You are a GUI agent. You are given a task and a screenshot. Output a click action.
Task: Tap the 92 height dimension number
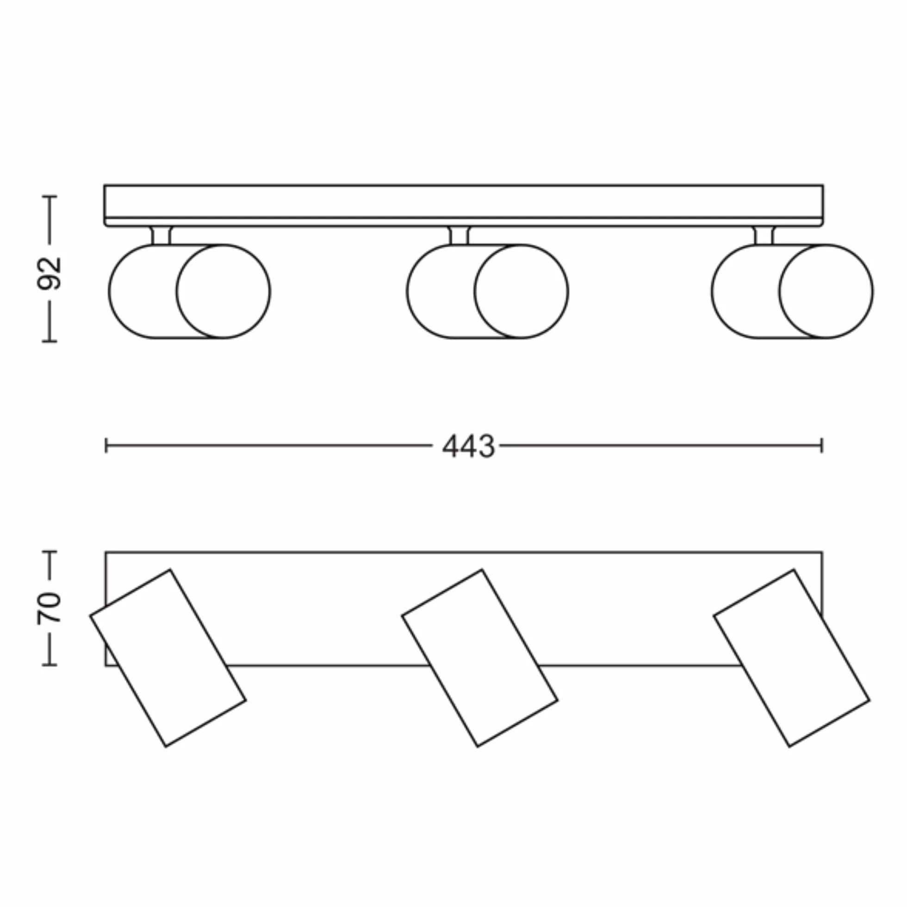click(x=50, y=273)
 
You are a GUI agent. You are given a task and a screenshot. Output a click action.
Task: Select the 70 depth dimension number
click(x=50, y=609)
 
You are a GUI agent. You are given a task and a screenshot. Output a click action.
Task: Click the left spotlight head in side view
click(x=190, y=292)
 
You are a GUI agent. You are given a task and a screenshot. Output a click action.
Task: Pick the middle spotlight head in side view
click(x=487, y=292)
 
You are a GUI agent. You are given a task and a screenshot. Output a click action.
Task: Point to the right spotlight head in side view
click(x=792, y=292)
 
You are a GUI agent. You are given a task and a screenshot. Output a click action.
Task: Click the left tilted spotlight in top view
click(x=168, y=658)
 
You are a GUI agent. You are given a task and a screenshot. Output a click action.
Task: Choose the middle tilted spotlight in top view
click(x=480, y=658)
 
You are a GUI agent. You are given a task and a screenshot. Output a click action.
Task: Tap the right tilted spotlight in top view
click(x=791, y=658)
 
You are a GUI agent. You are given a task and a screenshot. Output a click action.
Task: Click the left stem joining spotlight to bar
click(x=161, y=236)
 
